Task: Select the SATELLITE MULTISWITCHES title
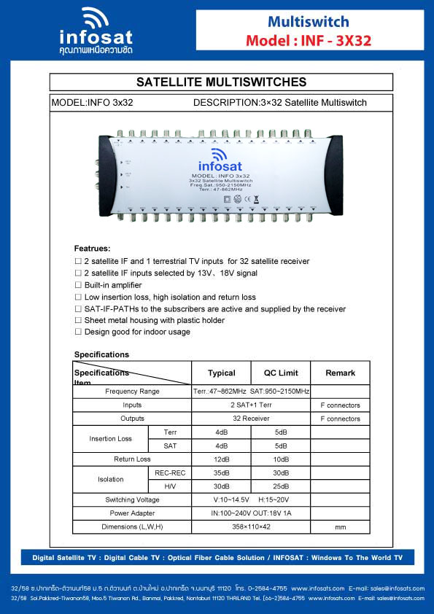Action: coord(221,82)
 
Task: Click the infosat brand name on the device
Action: coord(220,166)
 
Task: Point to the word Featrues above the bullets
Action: coord(92,249)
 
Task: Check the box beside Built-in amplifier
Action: coord(78,285)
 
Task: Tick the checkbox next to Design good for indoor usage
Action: coord(78,332)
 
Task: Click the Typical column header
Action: coord(221,373)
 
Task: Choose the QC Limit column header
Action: coord(281,373)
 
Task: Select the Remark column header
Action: coord(340,373)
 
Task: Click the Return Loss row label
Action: coord(132,459)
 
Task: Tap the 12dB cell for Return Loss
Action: coord(221,459)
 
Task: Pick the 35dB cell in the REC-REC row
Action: coord(221,473)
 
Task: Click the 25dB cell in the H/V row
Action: coord(281,486)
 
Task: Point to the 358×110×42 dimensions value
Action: coord(251,526)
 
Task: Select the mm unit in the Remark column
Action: coord(340,526)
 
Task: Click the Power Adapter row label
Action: coord(132,513)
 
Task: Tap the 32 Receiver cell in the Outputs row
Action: coord(251,419)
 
